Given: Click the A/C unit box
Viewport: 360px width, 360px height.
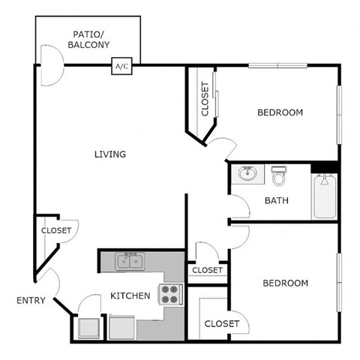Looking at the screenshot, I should click(121, 66).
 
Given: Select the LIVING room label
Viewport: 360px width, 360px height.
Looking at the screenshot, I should click(109, 154).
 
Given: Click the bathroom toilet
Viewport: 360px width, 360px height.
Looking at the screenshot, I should click(280, 176).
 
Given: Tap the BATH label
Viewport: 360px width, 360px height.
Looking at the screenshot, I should click(277, 201).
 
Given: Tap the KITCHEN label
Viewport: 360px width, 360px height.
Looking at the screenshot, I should click(130, 296).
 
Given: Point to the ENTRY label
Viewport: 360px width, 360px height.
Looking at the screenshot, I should click(31, 301).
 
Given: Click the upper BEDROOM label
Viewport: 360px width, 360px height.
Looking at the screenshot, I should click(280, 113).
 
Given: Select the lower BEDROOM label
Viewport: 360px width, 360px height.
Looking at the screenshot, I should click(285, 283).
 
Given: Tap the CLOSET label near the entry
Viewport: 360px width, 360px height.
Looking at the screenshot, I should click(55, 231).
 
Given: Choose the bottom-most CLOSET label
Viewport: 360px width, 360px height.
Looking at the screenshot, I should click(221, 324).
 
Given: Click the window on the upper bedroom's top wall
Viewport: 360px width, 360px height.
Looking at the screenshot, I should click(277, 65).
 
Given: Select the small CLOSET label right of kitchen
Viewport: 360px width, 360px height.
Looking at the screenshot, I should click(206, 270).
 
